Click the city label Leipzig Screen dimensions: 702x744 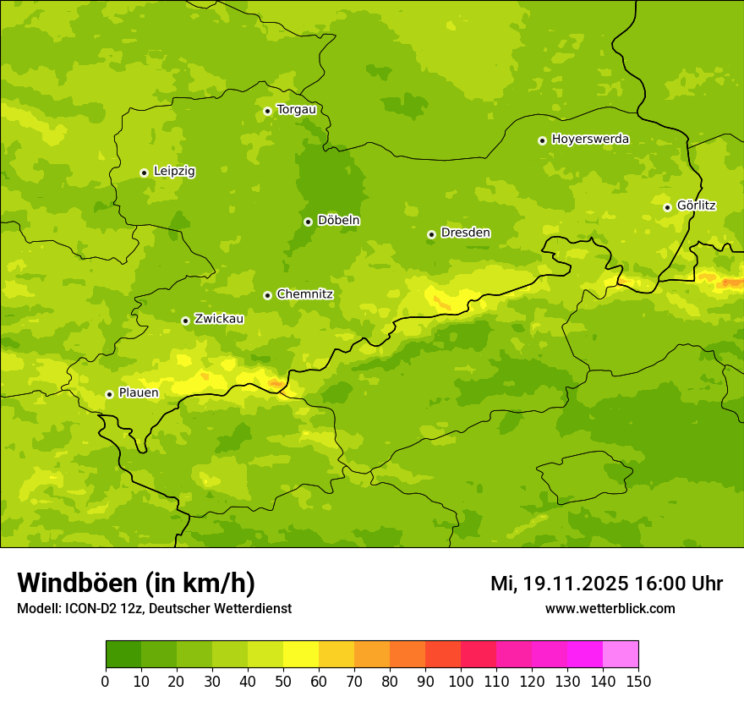pyautogui.click(x=174, y=172)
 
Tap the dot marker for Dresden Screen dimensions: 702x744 pyautogui.click(x=431, y=234)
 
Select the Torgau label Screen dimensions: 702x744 pyautogui.click(x=296, y=110)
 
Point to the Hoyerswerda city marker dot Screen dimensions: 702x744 pyautogui.click(x=542, y=140)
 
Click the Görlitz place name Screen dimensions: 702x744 pyautogui.click(x=696, y=206)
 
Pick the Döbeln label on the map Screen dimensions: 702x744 pyautogui.click(x=338, y=221)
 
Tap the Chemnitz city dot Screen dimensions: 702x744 pyautogui.click(x=267, y=295)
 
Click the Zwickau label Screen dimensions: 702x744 pyautogui.click(x=219, y=319)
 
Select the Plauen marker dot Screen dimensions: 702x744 pyautogui.click(x=109, y=394)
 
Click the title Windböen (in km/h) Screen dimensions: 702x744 pyautogui.click(x=135, y=584)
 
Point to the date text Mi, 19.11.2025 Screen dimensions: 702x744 pyautogui.click(x=557, y=584)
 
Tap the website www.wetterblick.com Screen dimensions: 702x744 pyautogui.click(x=610, y=609)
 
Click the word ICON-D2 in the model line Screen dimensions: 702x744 pyautogui.click(x=89, y=609)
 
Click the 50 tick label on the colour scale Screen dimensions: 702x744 pyautogui.click(x=283, y=681)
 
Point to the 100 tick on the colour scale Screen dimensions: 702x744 pyautogui.click(x=461, y=681)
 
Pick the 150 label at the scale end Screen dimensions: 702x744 pyautogui.click(x=637, y=681)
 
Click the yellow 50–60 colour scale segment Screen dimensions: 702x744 pyautogui.click(x=301, y=654)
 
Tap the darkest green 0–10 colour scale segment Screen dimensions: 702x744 pyautogui.click(x=123, y=654)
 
